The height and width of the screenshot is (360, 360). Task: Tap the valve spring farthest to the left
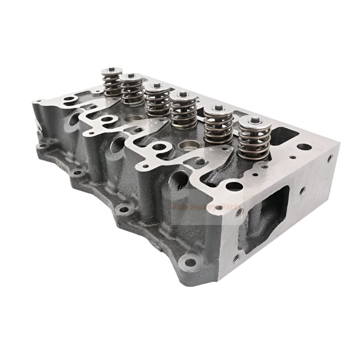tap(111, 83)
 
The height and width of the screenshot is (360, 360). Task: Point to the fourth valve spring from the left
tap(183, 110)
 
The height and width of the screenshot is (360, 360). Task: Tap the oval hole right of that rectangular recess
tap(304, 147)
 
